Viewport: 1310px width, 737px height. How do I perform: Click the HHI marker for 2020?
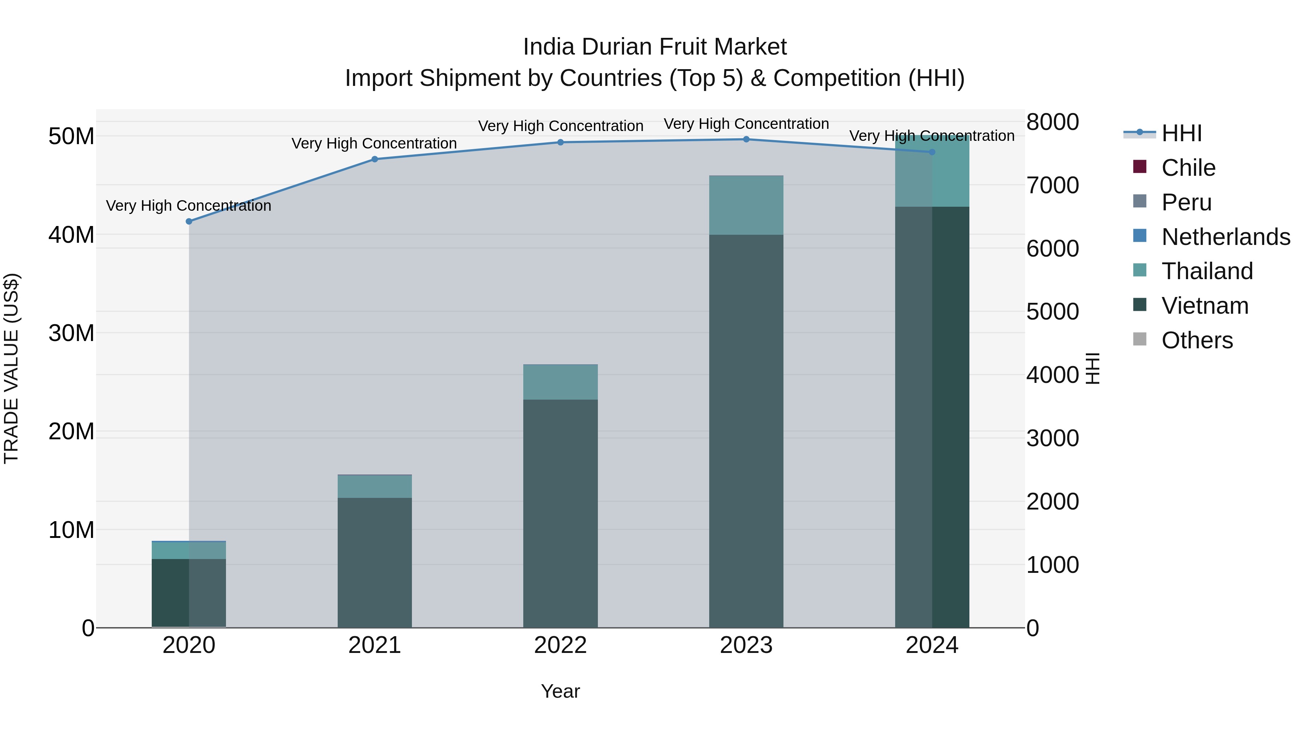188,221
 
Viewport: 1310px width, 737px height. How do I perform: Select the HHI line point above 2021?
375,159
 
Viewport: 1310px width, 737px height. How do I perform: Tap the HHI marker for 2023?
746,139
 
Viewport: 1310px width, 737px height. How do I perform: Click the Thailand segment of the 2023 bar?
746,205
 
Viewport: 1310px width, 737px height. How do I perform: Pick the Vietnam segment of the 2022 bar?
560,513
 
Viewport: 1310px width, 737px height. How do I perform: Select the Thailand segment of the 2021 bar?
375,486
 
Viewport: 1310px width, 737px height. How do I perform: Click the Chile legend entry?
1188,168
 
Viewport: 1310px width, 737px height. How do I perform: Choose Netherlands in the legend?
1226,237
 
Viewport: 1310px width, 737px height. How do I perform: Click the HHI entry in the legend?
1181,133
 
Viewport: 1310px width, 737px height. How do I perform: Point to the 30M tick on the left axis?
71,333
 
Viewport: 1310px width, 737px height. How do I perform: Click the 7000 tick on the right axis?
1052,186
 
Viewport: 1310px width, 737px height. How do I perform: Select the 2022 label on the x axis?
560,645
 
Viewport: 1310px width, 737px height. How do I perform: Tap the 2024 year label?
932,645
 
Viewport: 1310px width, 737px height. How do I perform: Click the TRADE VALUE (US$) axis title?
11,368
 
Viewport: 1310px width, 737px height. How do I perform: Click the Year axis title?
560,691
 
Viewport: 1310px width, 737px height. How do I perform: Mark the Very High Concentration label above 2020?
188,206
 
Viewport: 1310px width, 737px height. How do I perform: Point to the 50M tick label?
71,136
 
